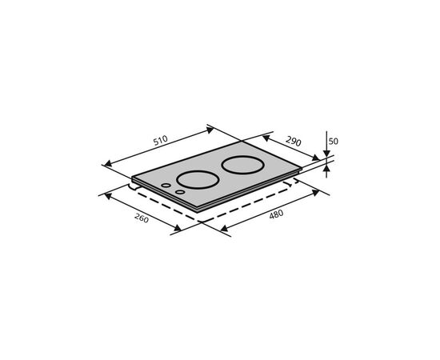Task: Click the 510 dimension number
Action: (x=161, y=140)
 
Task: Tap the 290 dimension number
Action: (x=294, y=141)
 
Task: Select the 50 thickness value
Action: (x=334, y=141)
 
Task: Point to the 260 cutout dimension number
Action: (x=142, y=218)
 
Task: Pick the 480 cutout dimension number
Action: (x=277, y=214)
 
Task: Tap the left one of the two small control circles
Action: (x=166, y=186)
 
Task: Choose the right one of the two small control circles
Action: (x=179, y=192)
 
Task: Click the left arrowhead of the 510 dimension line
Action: (x=108, y=163)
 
